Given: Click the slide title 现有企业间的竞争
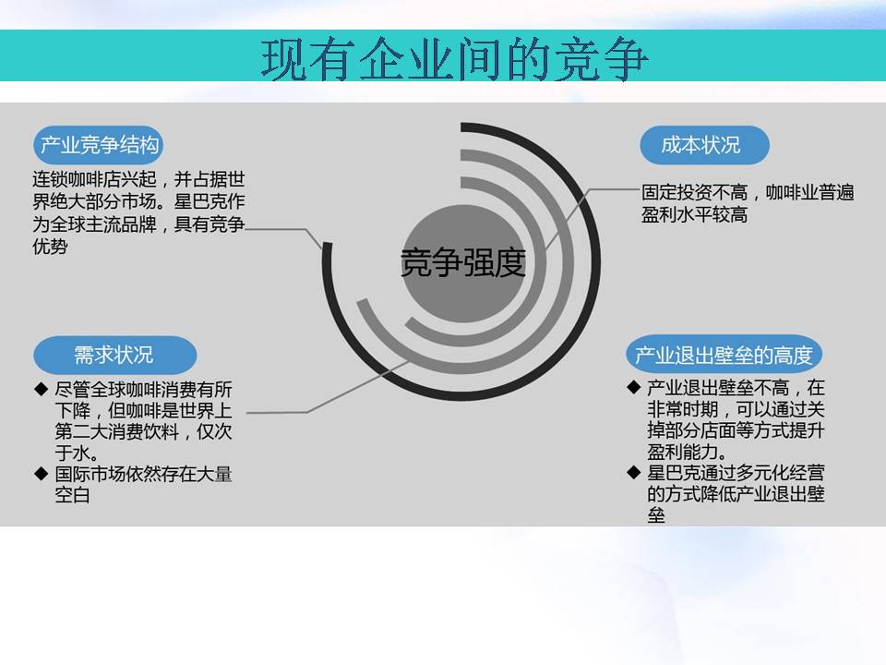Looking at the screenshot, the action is coord(454,59).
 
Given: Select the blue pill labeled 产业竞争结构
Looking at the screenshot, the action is coord(99,145).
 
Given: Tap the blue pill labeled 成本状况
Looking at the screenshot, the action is coord(704,145).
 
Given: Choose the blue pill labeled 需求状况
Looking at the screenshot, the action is coord(115,355).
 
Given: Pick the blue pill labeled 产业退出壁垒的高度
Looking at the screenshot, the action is coord(724,355).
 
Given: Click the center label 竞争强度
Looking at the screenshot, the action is coord(462,263).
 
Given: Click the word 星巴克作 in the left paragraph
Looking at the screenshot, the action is coord(210,202).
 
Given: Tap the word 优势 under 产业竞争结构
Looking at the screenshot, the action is coord(50,247).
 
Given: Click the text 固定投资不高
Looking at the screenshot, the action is coord(694,192).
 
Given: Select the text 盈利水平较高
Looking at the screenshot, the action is coord(694,215).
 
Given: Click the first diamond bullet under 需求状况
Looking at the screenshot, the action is coord(41,389).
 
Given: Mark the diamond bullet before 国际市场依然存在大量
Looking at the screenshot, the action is coord(41,473).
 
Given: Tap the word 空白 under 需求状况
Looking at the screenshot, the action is coord(72,495).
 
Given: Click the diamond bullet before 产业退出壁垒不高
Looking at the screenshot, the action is coord(633,387).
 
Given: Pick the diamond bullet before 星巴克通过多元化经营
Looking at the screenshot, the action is coord(633,472).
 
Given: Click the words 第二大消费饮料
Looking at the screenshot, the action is coord(117,431).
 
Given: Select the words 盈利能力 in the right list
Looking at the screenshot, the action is coord(683,452).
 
